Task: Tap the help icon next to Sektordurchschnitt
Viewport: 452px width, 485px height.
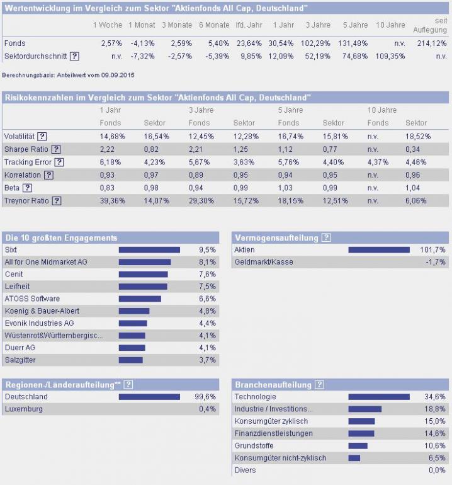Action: click(74, 56)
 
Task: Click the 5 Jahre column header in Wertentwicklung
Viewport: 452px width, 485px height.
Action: click(355, 25)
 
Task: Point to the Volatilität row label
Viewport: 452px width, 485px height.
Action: click(19, 136)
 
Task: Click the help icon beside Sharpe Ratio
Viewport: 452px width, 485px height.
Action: click(56, 149)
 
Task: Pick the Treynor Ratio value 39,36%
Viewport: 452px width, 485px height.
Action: click(112, 200)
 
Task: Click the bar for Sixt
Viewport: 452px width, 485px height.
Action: click(149, 250)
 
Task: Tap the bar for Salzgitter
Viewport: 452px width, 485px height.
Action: click(131, 360)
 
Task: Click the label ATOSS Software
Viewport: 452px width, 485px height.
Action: click(32, 299)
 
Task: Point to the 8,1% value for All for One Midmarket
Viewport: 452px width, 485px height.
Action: click(207, 262)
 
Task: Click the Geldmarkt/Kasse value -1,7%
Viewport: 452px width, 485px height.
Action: click(436, 262)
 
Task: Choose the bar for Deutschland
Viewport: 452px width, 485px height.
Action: click(149, 397)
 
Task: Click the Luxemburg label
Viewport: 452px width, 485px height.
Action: click(23, 409)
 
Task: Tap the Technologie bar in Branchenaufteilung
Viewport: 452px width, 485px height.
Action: click(378, 397)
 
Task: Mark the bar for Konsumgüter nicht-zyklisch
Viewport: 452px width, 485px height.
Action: click(354, 458)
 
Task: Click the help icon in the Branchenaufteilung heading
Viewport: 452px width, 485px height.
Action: click(319, 384)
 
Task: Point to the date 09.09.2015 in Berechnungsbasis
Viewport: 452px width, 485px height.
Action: click(118, 75)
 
